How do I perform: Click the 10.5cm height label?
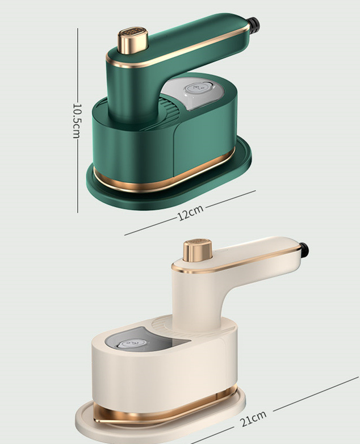[76, 120]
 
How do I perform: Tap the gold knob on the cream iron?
[198, 252]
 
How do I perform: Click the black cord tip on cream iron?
[303, 248]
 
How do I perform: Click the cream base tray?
[91, 420]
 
